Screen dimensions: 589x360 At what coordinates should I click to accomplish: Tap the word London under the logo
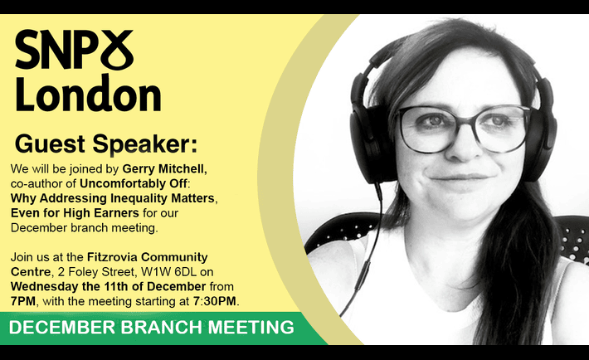pos(88,93)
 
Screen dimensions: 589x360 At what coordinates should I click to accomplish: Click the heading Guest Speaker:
pos(106,144)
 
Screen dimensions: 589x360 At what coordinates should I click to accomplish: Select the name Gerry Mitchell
pos(164,169)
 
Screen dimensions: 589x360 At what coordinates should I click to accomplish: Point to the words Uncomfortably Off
pos(133,184)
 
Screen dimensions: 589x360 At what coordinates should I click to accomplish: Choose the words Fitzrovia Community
pos(148,257)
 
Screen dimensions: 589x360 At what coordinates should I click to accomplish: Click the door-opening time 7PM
pos(23,301)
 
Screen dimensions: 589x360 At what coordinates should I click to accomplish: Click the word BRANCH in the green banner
pos(162,328)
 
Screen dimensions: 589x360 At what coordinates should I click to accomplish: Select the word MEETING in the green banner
pos(251,328)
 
